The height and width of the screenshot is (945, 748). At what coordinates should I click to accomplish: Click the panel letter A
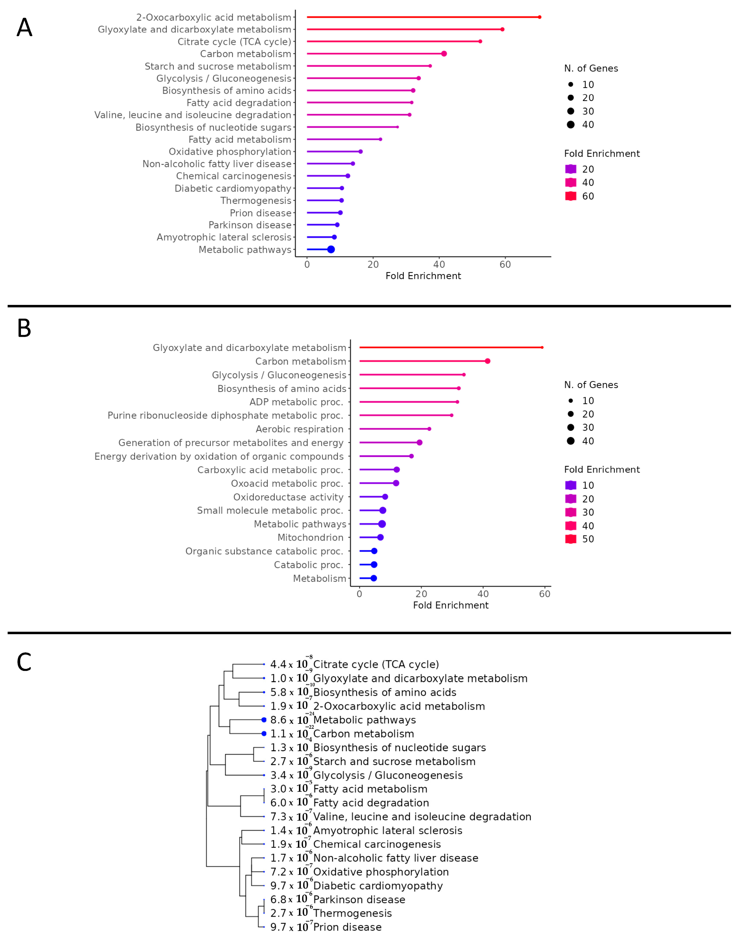tap(25, 28)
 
